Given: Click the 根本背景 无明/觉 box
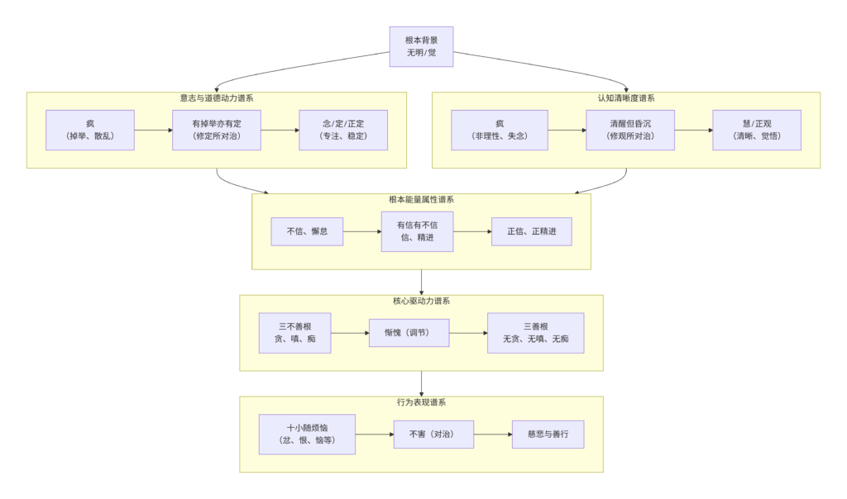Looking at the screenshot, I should click(x=421, y=46).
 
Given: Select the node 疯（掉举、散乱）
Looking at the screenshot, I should click(x=90, y=130).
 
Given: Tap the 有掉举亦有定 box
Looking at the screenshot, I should click(x=217, y=130).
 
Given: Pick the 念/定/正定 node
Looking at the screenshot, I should click(x=343, y=130).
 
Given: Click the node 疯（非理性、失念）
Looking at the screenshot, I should click(x=499, y=130).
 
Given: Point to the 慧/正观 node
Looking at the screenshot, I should click(x=757, y=130).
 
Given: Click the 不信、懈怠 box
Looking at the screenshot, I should click(x=307, y=231).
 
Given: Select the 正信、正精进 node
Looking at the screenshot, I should click(x=531, y=231).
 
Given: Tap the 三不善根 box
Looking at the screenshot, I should click(x=294, y=333).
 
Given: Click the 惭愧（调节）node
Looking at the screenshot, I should click(x=409, y=333).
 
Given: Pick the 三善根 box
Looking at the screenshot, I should click(x=535, y=333).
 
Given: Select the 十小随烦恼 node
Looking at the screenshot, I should click(x=307, y=435).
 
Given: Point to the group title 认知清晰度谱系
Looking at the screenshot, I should click(x=626, y=98).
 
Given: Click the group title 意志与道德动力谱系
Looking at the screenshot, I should click(x=217, y=98).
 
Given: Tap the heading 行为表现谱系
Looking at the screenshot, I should click(x=421, y=402).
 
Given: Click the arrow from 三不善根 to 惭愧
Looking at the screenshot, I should click(x=350, y=333).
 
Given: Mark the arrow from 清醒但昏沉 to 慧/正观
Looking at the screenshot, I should click(x=693, y=130).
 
